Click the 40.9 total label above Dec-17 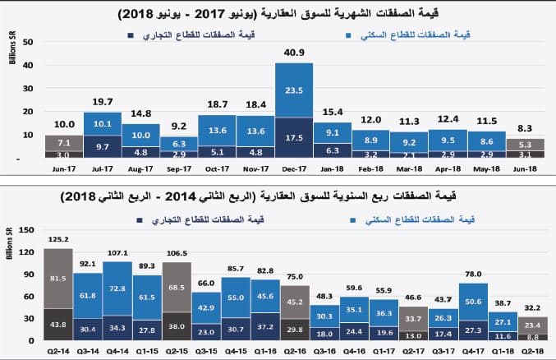(x=293, y=53)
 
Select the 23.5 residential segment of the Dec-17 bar (x=293, y=91)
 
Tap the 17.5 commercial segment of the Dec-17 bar (x=293, y=137)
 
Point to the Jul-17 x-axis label (x=102, y=170)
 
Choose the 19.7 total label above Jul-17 (x=102, y=102)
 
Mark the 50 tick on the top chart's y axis (x=25, y=41)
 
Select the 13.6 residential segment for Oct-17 (x=217, y=130)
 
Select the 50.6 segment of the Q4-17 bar (x=472, y=302)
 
